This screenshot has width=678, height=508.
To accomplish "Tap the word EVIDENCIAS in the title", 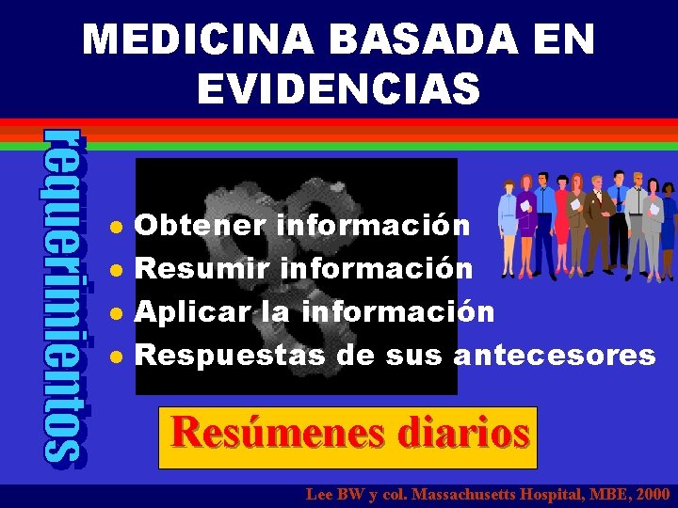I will click(339, 89).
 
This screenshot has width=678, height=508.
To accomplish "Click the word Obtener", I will click(201, 226).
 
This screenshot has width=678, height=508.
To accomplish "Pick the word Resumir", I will click(202, 269).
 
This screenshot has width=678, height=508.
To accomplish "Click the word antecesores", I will click(555, 356).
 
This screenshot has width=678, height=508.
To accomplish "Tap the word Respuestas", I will click(231, 356).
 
